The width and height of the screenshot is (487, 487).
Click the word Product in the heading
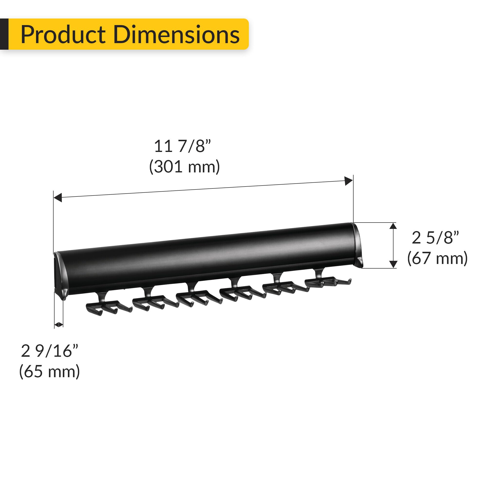[x=63, y=35]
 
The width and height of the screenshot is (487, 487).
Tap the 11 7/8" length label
[x=182, y=146]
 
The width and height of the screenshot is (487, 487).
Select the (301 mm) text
[x=184, y=167]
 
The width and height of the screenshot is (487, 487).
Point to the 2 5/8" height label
[x=435, y=238]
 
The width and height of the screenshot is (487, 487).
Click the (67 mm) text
[x=437, y=258]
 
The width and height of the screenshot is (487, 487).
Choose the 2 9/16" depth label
[x=49, y=351]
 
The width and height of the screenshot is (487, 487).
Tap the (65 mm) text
[x=49, y=372]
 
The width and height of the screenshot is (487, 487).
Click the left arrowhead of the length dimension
[x=58, y=198]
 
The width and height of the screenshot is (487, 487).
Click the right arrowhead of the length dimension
[x=348, y=181]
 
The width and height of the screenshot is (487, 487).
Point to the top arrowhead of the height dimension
[x=393, y=226]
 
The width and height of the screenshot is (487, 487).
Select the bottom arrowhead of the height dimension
[x=393, y=264]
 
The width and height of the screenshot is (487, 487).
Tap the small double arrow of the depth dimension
[x=58, y=325]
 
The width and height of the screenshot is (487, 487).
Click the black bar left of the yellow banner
[x=4, y=34]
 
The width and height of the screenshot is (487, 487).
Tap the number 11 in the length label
[x=163, y=146]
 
